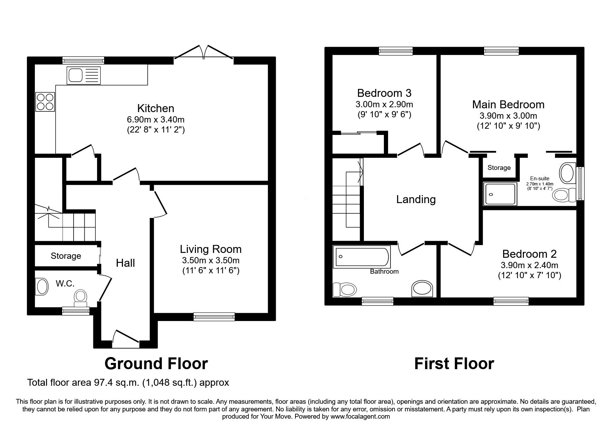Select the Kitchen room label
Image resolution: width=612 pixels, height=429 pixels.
point(156,108)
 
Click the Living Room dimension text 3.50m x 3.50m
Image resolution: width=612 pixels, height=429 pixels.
point(211,261)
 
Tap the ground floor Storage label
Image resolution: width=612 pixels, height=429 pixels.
point(66,256)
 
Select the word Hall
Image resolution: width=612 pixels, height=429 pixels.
point(125,263)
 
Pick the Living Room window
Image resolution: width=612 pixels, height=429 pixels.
point(214,316)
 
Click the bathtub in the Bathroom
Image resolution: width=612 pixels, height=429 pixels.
point(361,257)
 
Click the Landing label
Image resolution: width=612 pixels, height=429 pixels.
point(416,199)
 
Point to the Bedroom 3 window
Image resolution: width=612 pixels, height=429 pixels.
point(396,51)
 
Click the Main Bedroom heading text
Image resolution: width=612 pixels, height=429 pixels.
point(508,104)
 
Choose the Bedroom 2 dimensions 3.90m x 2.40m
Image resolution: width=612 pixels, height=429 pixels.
point(529,266)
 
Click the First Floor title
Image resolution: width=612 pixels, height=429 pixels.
point(454,364)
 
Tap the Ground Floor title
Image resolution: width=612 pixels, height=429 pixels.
point(156,364)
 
